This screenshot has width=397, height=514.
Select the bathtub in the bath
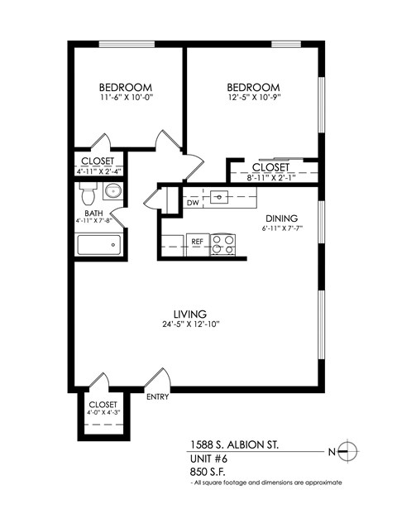(98, 245)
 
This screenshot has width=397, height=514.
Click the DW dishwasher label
(193, 203)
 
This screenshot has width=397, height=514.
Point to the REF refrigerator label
(197, 243)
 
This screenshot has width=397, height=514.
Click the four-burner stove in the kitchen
(222, 243)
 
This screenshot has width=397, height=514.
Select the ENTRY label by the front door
(157, 396)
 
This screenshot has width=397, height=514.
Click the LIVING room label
(189, 314)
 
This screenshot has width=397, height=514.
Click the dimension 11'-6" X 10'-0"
(126, 98)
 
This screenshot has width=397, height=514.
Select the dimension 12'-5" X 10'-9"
(253, 98)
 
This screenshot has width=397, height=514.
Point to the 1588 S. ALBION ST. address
(234, 444)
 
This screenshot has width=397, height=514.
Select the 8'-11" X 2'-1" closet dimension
(270, 176)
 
